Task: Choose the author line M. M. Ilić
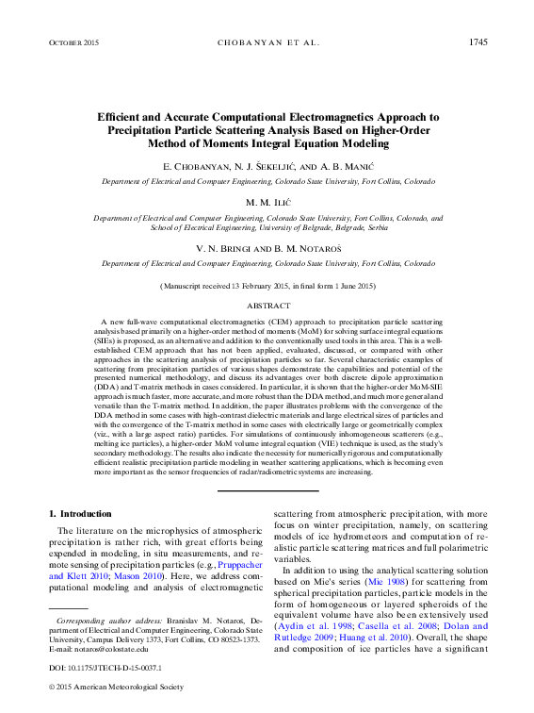coord(268,203)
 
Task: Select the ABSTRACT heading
coord(268,307)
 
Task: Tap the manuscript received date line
coord(268,285)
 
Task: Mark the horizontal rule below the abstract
coord(268,489)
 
